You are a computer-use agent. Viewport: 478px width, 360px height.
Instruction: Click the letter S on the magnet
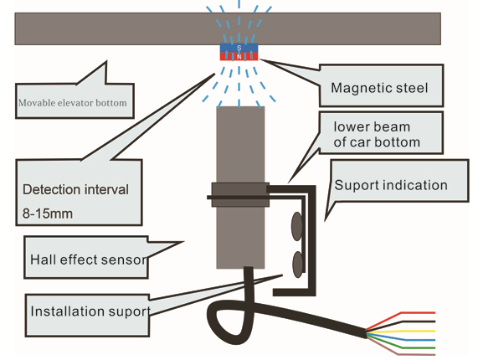coord(239,48)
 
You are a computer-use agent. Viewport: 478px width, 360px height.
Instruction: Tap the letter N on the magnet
coord(239,57)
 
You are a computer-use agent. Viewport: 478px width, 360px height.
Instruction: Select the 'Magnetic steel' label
coord(379,88)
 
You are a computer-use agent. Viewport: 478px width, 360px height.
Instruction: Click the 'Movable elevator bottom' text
coord(73,103)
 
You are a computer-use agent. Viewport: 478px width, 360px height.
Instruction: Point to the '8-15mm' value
coord(48,213)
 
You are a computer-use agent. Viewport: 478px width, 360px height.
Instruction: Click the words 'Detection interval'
coord(75,189)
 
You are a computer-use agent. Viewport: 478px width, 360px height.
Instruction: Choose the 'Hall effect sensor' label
coord(89,260)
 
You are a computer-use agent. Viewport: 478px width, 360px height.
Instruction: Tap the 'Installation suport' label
coord(90,311)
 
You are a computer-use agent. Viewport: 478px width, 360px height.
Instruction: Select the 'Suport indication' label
coord(391,185)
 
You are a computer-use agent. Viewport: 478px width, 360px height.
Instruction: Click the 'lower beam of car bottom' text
coord(377,135)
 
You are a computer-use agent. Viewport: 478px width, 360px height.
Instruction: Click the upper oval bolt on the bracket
coord(297,227)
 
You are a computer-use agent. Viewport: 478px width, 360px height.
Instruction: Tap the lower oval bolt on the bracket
coord(298,265)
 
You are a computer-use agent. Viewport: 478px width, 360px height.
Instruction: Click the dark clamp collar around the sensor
coord(240,194)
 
